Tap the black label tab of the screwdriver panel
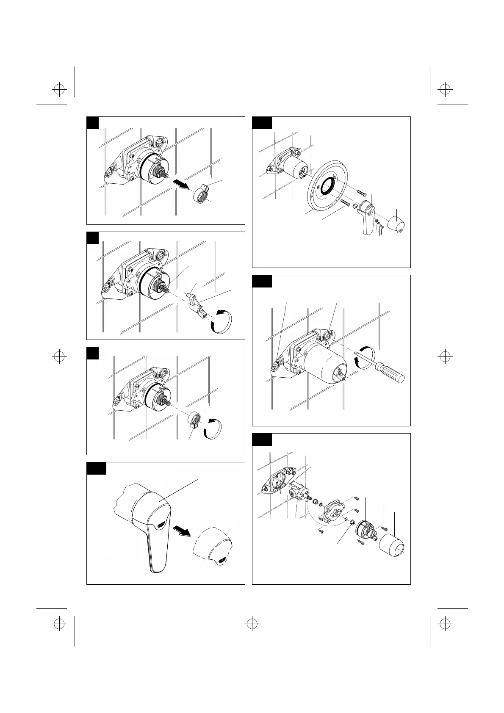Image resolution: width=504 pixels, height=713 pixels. [x=262, y=281]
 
